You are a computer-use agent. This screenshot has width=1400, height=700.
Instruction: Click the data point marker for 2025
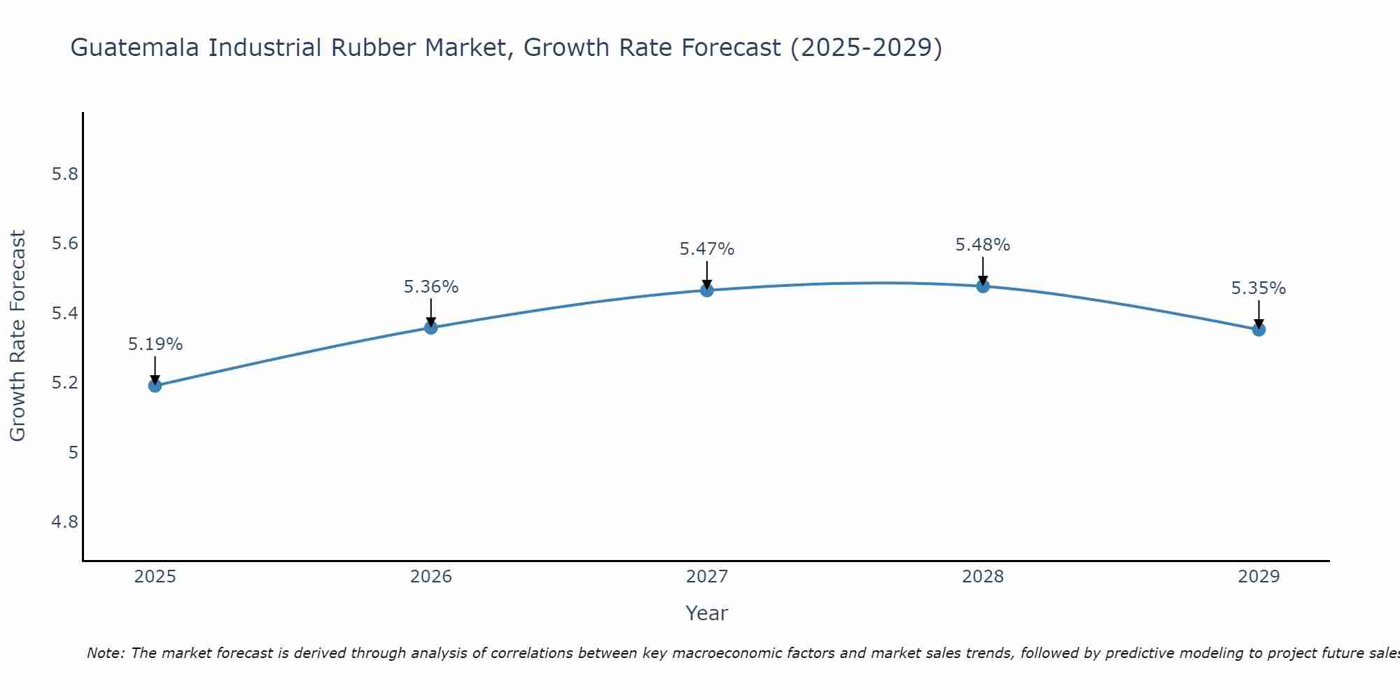pos(155,386)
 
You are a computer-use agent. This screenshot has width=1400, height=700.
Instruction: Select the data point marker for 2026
pos(431,328)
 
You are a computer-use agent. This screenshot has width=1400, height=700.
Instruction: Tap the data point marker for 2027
pos(707,290)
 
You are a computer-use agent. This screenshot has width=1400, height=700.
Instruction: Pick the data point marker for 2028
pos(983,286)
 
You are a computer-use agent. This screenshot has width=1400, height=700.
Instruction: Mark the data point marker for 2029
pos(1259,330)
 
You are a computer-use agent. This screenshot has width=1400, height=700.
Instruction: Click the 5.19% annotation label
pos(155,344)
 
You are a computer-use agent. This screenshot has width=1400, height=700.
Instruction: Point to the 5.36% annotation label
pos(431,287)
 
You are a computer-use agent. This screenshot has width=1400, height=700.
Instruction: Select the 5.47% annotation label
pos(707,249)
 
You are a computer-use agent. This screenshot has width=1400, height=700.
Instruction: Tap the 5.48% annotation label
pos(983,245)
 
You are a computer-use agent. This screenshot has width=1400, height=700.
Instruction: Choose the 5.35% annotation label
pos(1259,288)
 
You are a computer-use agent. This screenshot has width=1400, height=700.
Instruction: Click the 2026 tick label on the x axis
pos(431,577)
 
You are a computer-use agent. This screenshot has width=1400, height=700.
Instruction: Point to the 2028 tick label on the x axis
pos(983,577)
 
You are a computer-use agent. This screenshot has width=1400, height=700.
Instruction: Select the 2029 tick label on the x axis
pos(1259,577)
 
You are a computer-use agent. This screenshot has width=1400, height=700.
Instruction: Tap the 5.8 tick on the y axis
pos(65,174)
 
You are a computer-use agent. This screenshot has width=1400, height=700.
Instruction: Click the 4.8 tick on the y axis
pos(65,522)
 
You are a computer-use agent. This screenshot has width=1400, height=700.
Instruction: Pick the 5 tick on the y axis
pos(73,453)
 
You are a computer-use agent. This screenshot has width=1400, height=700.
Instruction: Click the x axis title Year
pos(707,613)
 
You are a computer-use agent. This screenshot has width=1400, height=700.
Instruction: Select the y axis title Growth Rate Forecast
pos(18,336)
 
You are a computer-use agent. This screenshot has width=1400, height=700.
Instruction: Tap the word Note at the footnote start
pos(105,653)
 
